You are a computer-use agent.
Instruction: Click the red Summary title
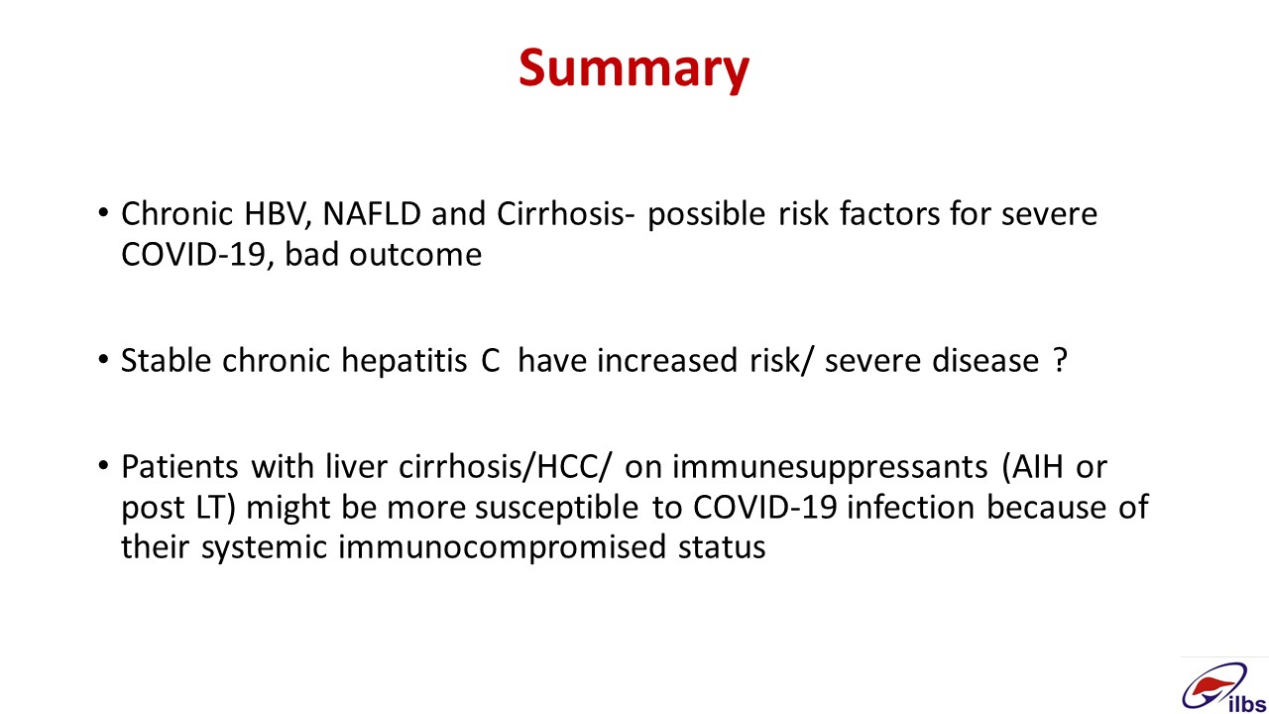[x=634, y=69]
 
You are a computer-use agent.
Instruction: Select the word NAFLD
[x=372, y=213]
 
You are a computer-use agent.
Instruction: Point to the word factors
[x=889, y=213]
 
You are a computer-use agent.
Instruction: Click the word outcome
[x=415, y=256]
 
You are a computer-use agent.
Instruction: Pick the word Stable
[x=167, y=360]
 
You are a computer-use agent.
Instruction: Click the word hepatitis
[x=404, y=362]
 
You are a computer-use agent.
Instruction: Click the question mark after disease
[x=1061, y=360]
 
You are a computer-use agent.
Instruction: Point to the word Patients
[x=180, y=467]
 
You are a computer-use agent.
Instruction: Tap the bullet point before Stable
[x=102, y=360]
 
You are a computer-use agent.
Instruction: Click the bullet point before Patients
[x=102, y=466]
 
